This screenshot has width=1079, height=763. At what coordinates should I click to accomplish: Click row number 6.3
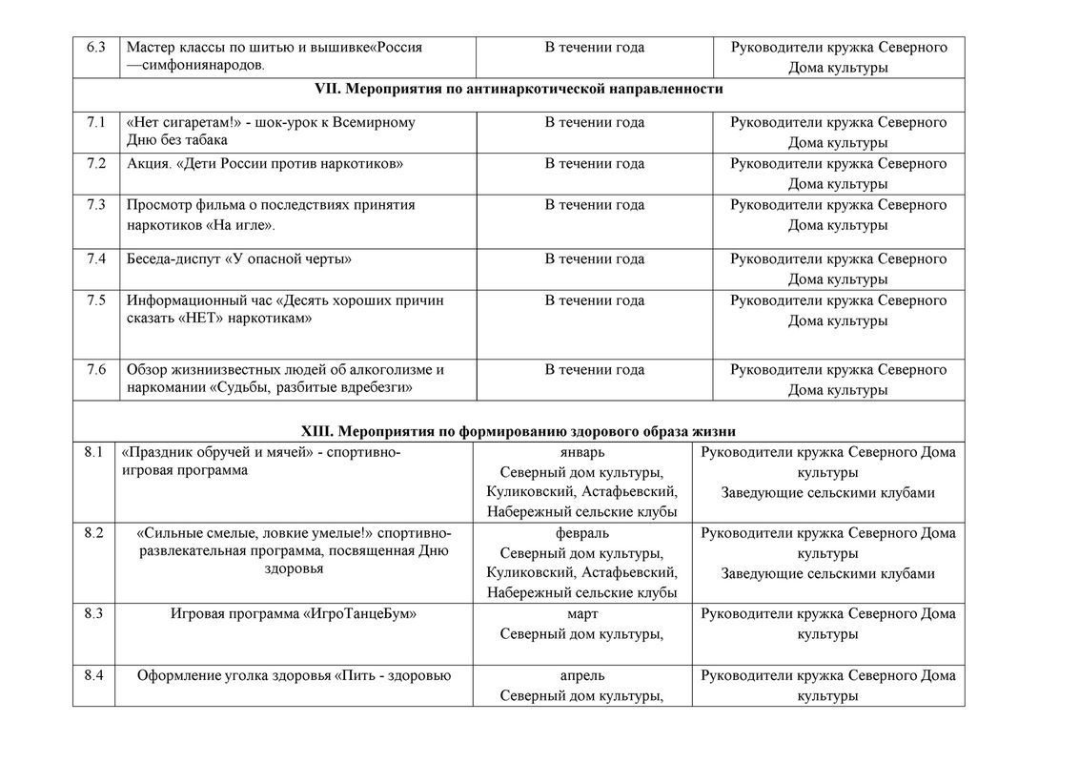pyautogui.click(x=94, y=48)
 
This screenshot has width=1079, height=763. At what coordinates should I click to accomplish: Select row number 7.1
pyautogui.click(x=94, y=122)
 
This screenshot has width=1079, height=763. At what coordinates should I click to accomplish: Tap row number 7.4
pyautogui.click(x=94, y=258)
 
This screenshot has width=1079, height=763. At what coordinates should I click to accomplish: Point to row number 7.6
pyautogui.click(x=94, y=369)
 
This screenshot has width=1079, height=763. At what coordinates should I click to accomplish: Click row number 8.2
pyautogui.click(x=93, y=533)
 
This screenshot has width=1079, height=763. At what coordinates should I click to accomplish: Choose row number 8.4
pyautogui.click(x=93, y=676)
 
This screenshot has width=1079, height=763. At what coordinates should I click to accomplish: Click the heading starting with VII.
pyautogui.click(x=519, y=89)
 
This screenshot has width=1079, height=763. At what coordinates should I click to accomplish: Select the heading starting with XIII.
pyautogui.click(x=519, y=431)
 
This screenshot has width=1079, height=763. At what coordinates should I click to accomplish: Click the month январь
pyautogui.click(x=581, y=452)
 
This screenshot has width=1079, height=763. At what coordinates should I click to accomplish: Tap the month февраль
pyautogui.click(x=581, y=533)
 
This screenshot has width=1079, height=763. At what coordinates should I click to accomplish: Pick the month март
pyautogui.click(x=581, y=614)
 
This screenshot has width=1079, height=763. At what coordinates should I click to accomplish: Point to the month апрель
pyautogui.click(x=581, y=676)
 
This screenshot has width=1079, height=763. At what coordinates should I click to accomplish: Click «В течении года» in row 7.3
pyautogui.click(x=594, y=204)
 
